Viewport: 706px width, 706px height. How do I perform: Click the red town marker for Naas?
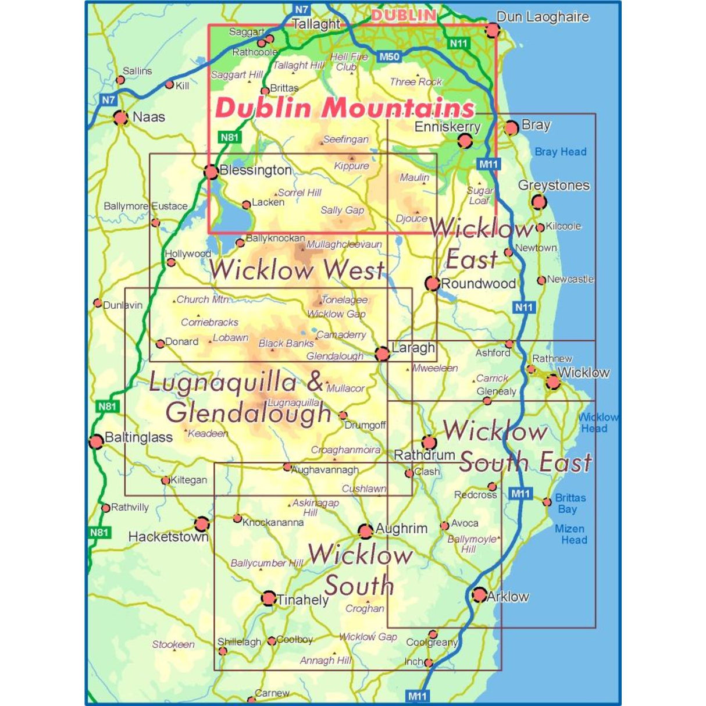(x=120, y=118)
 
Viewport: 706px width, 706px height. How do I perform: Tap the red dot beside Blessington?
(x=211, y=172)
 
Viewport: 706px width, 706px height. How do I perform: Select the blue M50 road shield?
(x=389, y=57)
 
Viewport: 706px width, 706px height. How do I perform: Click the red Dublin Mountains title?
(x=345, y=108)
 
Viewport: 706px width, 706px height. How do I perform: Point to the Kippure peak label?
(x=351, y=166)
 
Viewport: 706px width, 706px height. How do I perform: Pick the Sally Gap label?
(x=342, y=211)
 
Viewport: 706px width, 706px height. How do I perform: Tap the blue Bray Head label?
(x=560, y=152)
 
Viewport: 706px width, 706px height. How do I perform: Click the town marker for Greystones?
(x=539, y=202)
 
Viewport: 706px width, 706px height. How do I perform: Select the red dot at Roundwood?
(x=432, y=283)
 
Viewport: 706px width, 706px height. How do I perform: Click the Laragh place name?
(x=413, y=348)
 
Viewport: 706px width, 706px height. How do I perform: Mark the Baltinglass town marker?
(x=96, y=441)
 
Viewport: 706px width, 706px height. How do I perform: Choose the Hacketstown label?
(x=167, y=537)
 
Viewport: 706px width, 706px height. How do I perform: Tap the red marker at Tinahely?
(x=269, y=598)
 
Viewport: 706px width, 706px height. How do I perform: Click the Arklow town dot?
(x=479, y=594)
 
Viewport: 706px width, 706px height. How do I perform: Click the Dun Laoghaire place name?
(x=543, y=17)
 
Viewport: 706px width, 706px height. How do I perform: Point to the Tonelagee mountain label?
(x=344, y=300)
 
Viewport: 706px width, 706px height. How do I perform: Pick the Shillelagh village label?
(x=239, y=642)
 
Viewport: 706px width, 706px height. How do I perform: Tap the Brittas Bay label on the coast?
(x=569, y=504)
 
